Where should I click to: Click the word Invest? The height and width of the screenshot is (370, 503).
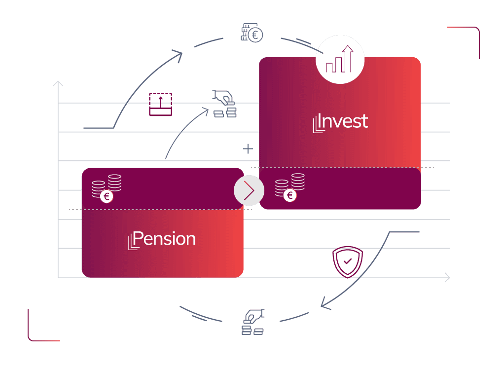click(344, 121)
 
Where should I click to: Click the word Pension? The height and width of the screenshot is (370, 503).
click(164, 239)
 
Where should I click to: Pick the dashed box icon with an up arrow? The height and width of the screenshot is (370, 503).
click(160, 104)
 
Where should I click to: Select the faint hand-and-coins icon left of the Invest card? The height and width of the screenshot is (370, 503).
click(224, 104)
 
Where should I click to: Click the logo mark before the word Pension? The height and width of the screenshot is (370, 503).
click(131, 242)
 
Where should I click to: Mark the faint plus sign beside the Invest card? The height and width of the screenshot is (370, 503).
click(248, 148)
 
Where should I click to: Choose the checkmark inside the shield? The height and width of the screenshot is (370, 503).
click(348, 260)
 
